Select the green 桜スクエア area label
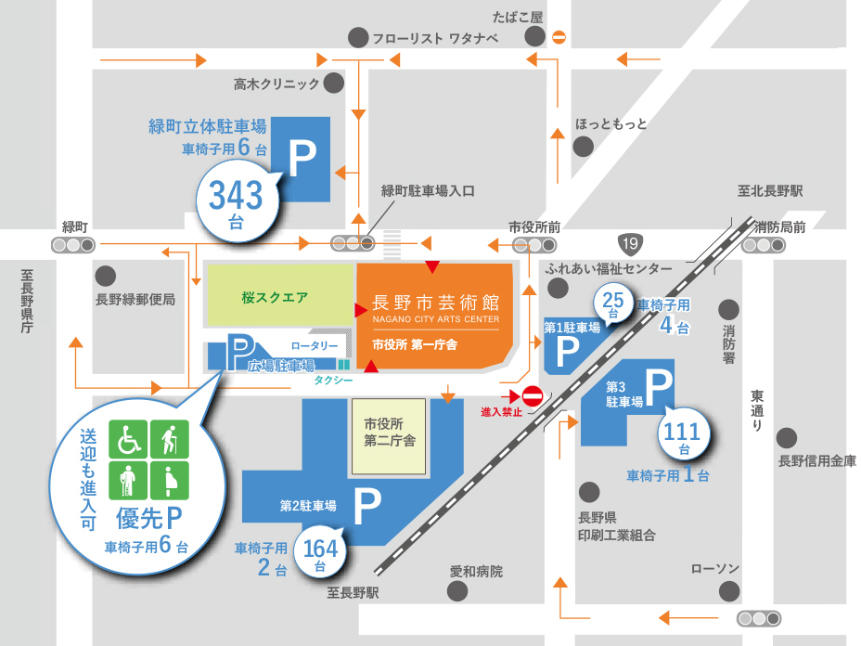275,298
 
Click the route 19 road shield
631,244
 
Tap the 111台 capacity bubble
685,434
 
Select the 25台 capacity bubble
612,303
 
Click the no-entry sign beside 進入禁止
533,394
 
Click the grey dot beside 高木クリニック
333,84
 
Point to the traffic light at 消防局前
763,245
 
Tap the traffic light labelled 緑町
73,245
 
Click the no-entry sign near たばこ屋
559,37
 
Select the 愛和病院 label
476,572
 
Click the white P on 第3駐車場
657,388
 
